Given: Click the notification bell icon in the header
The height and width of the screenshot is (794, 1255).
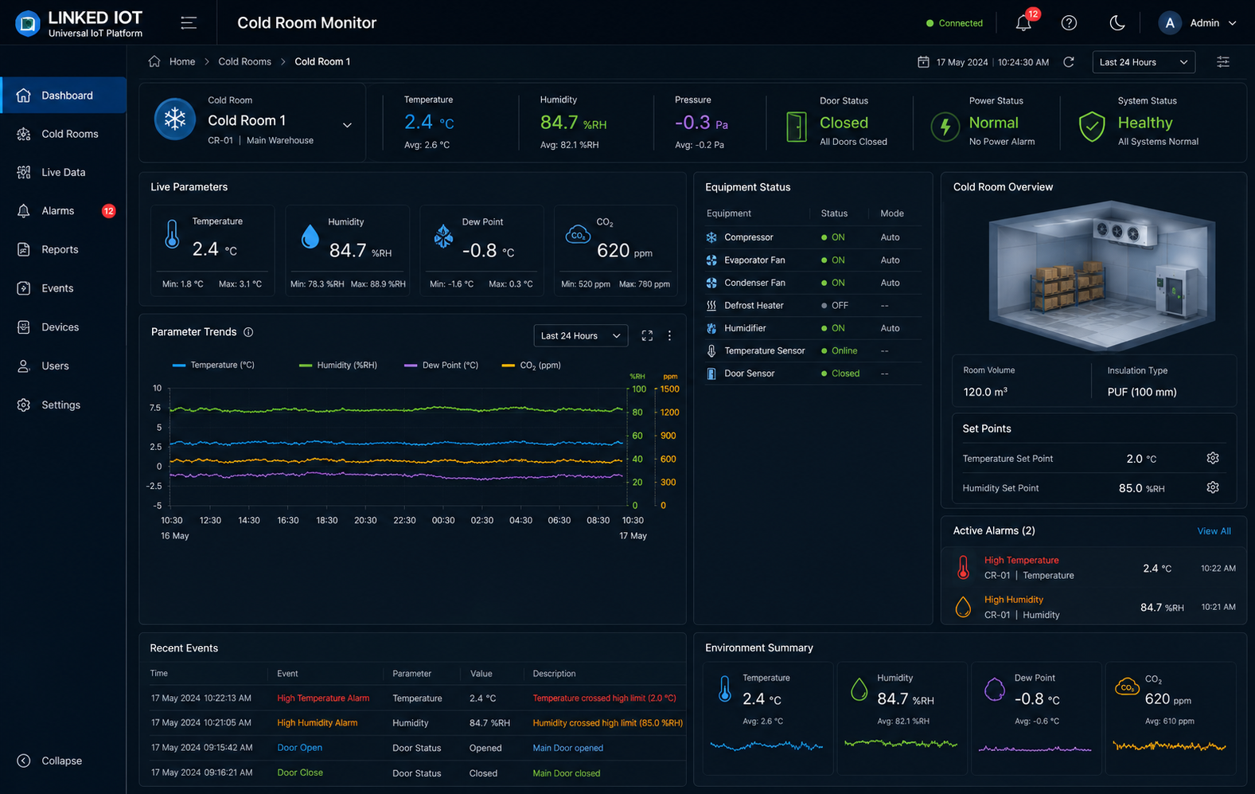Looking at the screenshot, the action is coord(1023,23).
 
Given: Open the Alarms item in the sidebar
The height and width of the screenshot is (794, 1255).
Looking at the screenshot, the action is coord(58,211).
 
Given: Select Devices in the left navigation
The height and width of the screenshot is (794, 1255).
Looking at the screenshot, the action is coord(60,327).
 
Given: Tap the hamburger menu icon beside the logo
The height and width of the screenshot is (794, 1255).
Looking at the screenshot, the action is coord(189,23).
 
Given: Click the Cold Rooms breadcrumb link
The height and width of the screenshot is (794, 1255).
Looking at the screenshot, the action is coord(244,61).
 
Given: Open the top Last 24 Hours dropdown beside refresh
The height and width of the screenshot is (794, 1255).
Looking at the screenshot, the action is coord(1144,62).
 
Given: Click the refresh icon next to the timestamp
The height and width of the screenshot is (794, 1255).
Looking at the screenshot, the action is coord(1069,61).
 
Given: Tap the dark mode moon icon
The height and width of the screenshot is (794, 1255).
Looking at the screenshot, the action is coord(1117,23).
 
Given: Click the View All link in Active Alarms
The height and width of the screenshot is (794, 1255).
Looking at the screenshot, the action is coord(1214,531).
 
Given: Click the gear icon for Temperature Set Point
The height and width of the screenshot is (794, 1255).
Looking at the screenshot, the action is coord(1212,458).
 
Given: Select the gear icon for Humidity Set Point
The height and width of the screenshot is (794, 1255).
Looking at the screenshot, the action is coord(1212,487).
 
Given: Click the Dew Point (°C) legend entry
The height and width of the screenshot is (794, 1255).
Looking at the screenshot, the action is coord(442,365).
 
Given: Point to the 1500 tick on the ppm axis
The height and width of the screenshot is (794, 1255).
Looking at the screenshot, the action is coord(669,389).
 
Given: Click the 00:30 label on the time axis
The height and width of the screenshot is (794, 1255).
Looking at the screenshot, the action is coord(442,520).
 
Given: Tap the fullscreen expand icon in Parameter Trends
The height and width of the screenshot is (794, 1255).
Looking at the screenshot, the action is coord(647,336).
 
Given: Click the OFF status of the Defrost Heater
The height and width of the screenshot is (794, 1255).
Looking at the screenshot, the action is coord(840,306).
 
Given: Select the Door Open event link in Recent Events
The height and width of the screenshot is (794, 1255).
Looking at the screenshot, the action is coord(299,748).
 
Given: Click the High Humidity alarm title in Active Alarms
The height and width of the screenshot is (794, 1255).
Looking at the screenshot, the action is coord(1014,600).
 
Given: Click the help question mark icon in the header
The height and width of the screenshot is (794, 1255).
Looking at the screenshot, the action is coord(1069,23).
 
